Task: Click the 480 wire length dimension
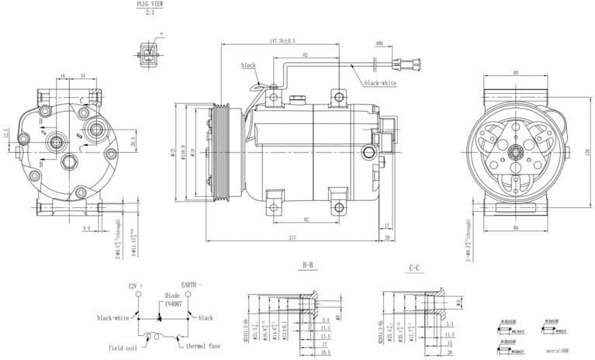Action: point(379,43)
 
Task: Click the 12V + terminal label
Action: point(137,286)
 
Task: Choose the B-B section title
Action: point(309,265)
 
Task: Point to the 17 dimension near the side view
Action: point(387,226)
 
